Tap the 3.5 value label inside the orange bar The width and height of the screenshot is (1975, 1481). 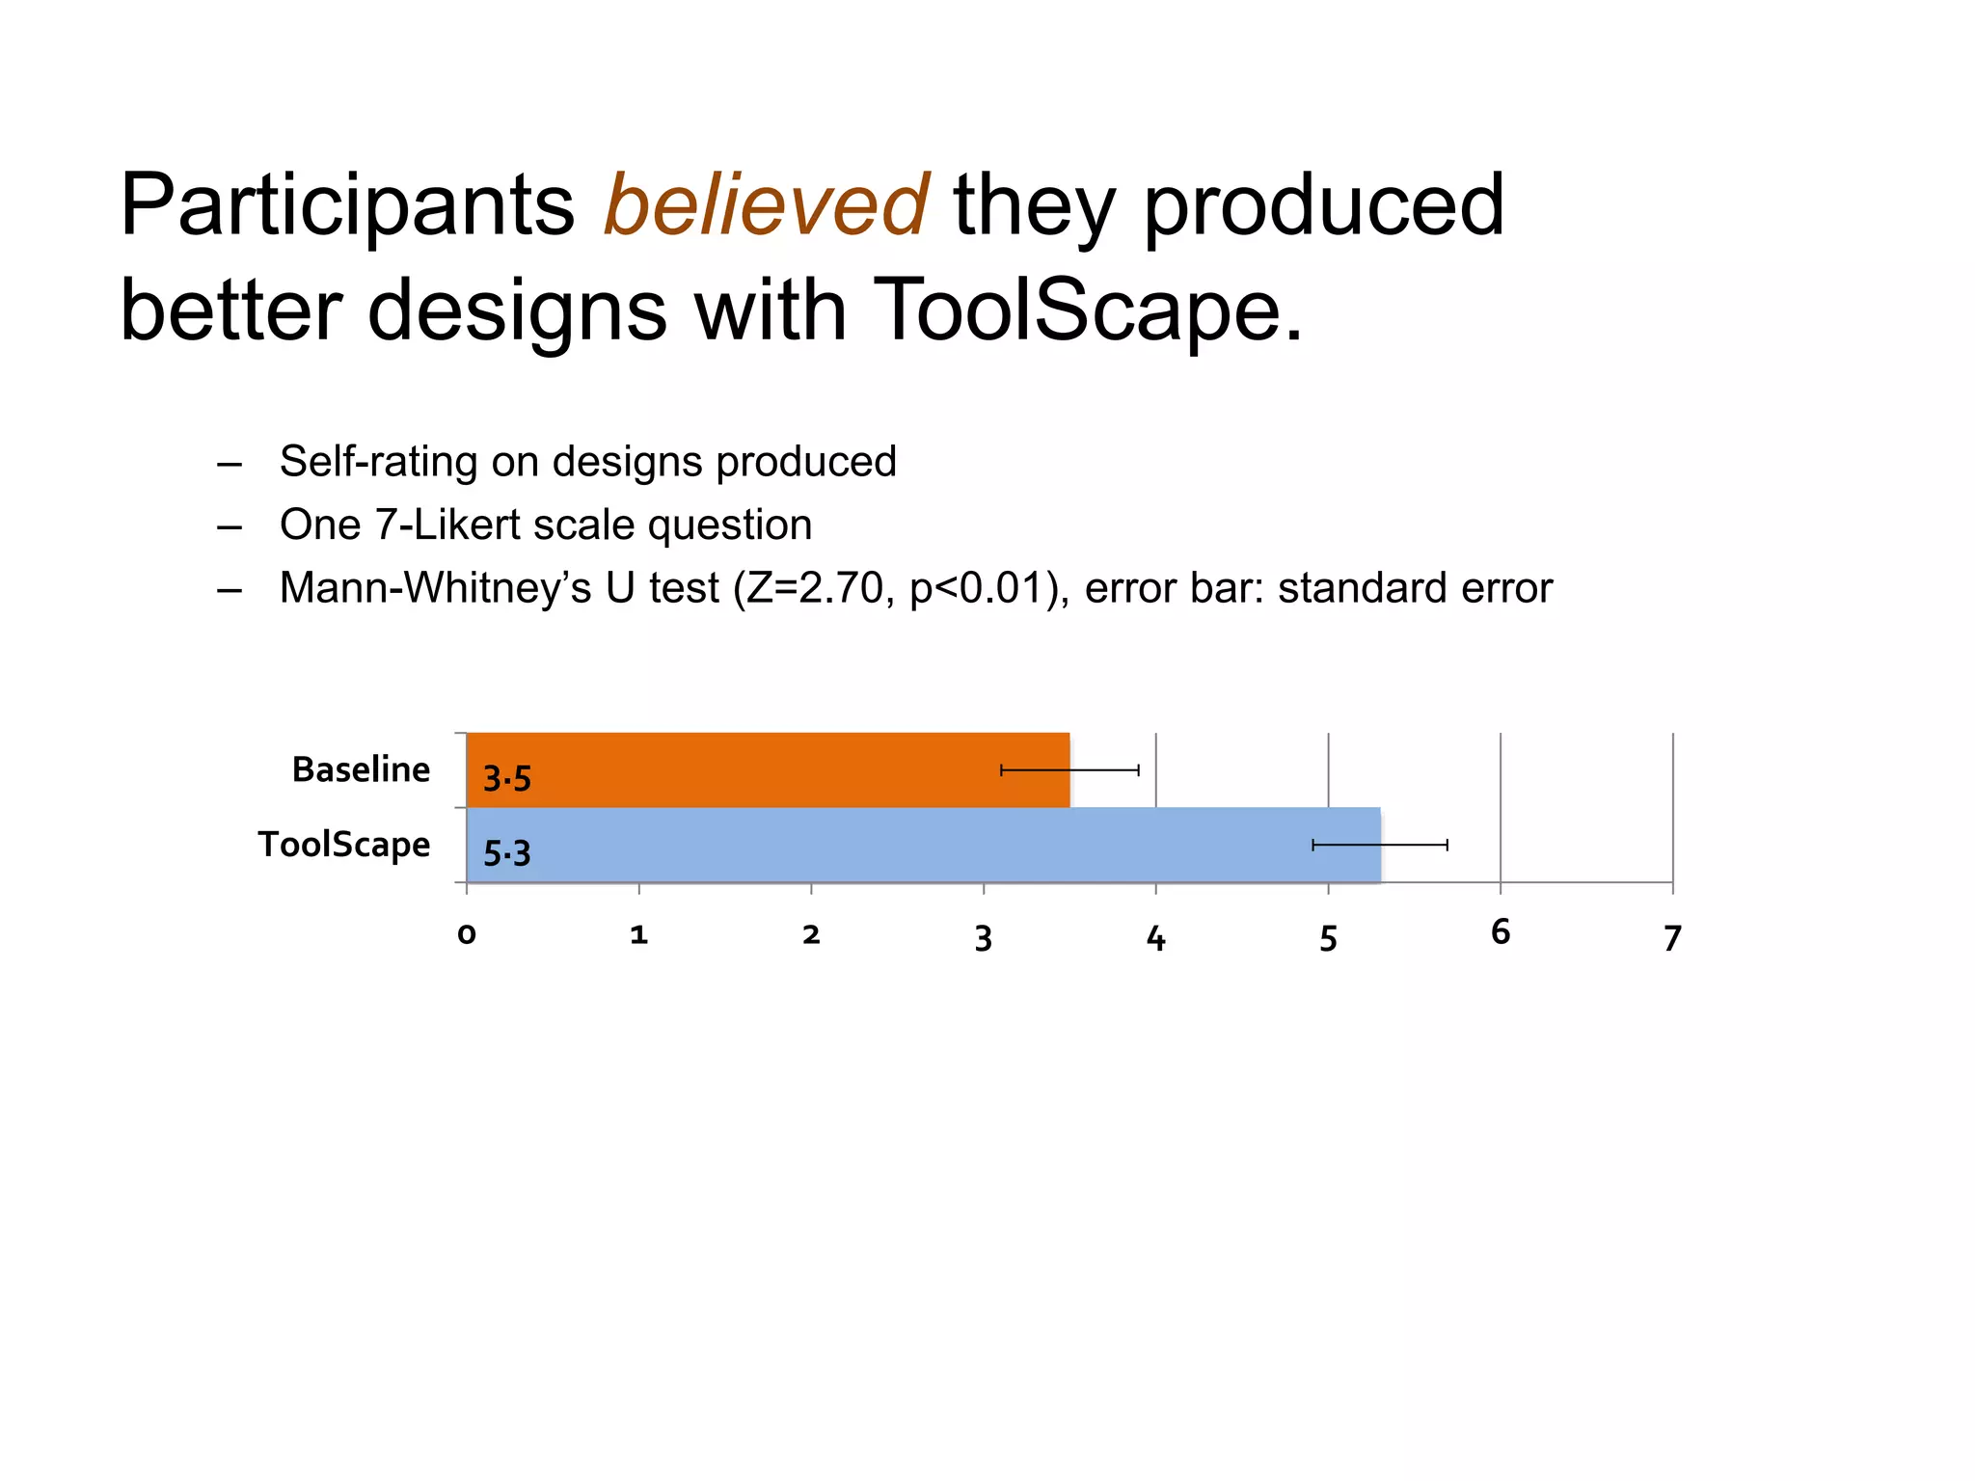(507, 778)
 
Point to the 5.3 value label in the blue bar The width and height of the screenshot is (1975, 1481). (507, 853)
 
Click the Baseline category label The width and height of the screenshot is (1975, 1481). (361, 769)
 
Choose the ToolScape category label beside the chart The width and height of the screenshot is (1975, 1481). (344, 845)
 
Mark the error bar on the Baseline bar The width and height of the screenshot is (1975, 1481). (1070, 769)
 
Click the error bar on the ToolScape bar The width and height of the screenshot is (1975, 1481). (1380, 845)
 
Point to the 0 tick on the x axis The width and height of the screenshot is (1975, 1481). (467, 934)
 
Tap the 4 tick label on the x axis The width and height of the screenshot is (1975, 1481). (1155, 938)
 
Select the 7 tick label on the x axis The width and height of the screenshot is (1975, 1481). (1672, 938)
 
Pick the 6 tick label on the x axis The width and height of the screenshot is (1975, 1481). (1501, 931)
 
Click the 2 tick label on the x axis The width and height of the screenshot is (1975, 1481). (811, 934)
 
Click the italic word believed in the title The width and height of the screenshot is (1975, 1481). (766, 205)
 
